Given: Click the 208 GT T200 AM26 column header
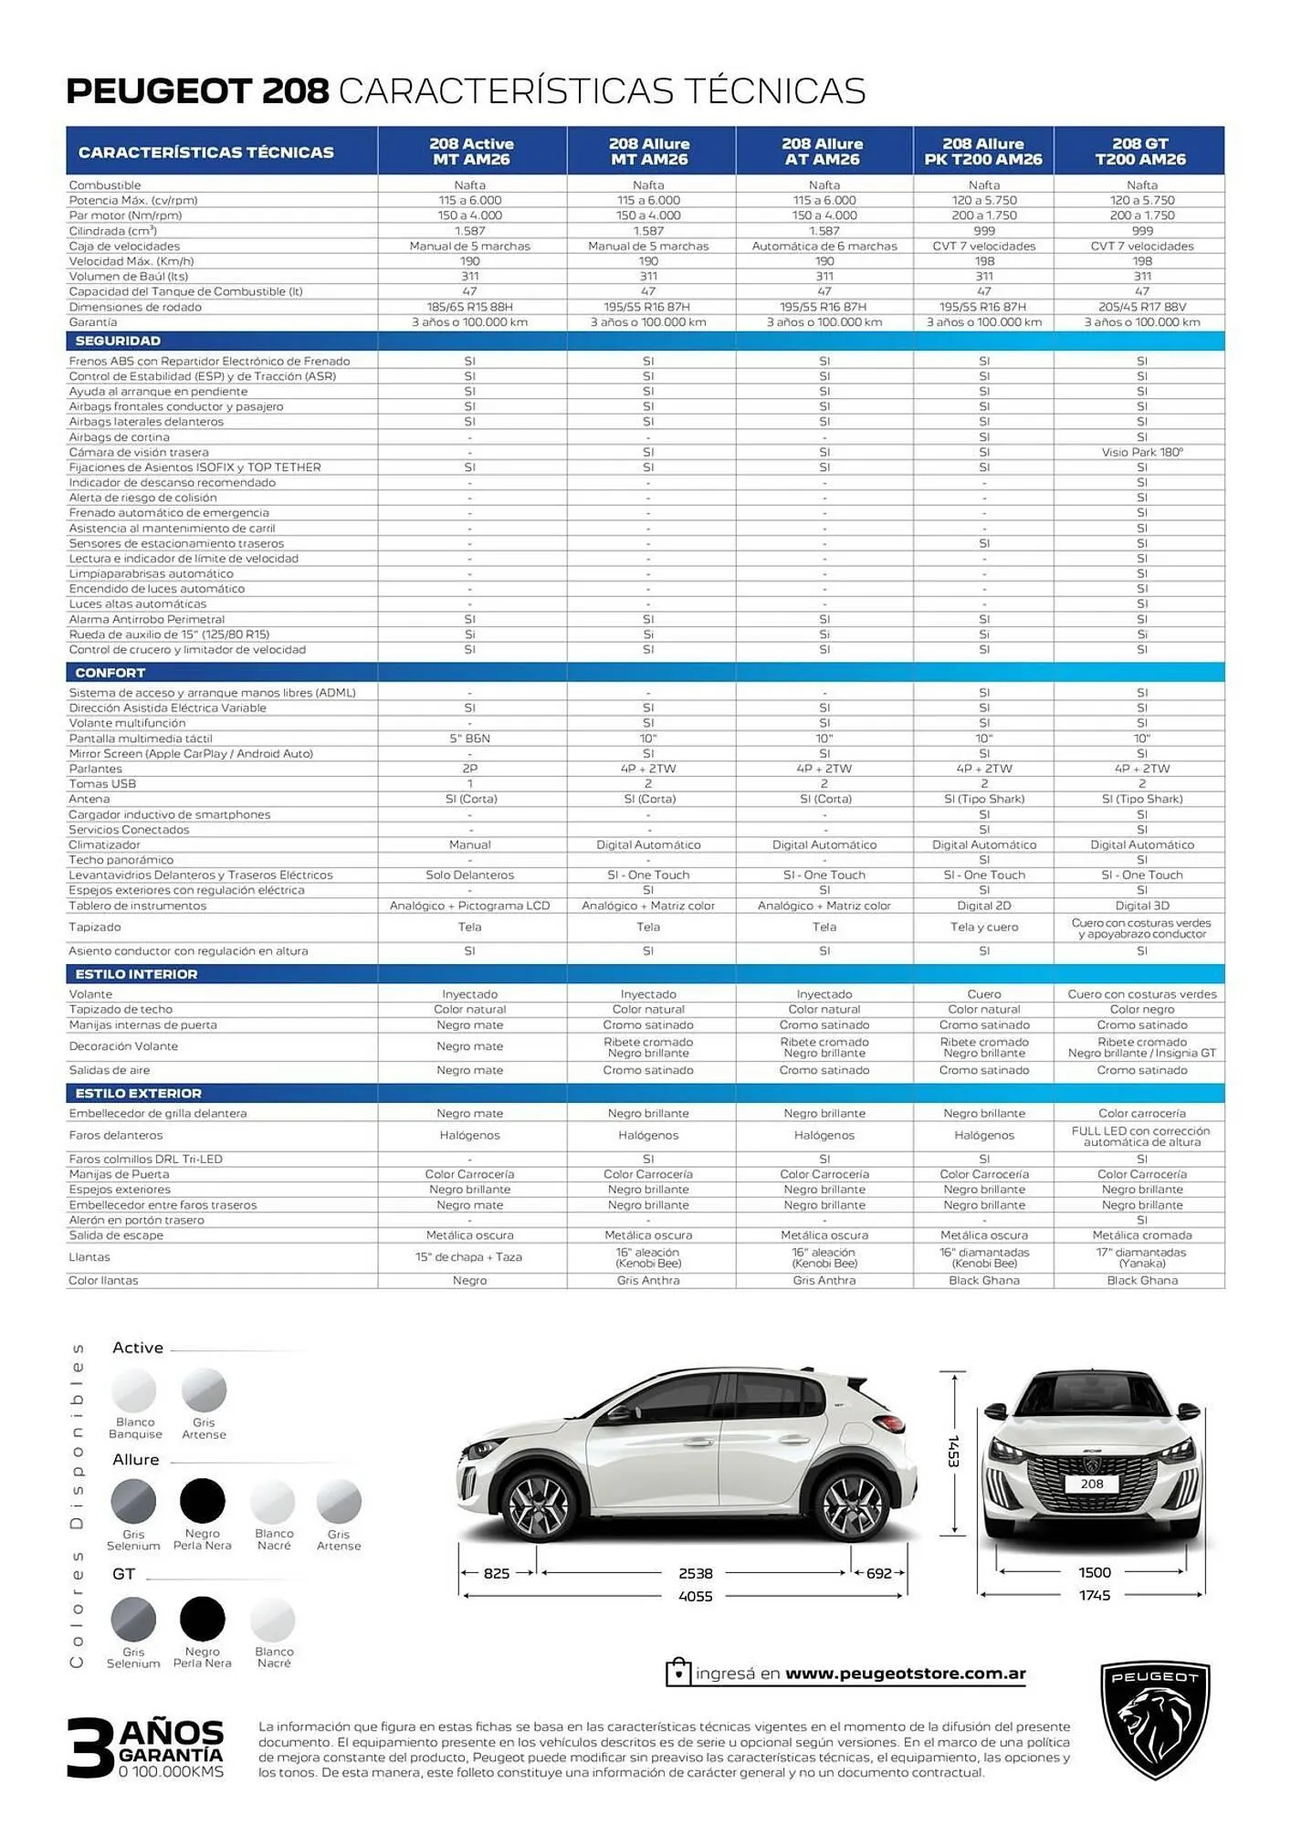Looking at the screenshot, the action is [x=1139, y=152].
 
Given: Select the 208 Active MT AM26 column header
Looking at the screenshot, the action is [x=471, y=152].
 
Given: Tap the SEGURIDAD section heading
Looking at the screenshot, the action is [x=118, y=341].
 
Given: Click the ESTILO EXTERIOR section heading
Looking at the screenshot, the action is [x=138, y=1094].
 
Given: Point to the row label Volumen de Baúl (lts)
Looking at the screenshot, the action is [x=129, y=277].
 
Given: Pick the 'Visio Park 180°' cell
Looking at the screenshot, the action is [x=1141, y=452].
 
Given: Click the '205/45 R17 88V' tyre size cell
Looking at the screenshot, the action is [x=1141, y=307].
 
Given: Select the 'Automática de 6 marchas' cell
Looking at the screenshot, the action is [x=824, y=247].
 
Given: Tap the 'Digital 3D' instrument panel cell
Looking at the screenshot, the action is [x=1141, y=906].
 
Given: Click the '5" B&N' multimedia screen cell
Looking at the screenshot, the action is [x=470, y=739].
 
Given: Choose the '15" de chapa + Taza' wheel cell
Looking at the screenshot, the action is [x=470, y=1257].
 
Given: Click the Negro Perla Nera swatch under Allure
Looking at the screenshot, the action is [x=202, y=1501].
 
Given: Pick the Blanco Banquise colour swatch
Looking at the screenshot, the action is [x=134, y=1391].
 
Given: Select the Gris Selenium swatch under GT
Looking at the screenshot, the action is [x=133, y=1620].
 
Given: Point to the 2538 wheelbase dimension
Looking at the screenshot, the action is [x=695, y=1573].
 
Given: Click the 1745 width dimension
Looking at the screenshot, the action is [x=1094, y=1595].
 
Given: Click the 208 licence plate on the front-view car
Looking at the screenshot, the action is [x=1092, y=1484].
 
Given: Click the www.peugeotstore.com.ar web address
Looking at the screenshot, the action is [x=905, y=1674].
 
